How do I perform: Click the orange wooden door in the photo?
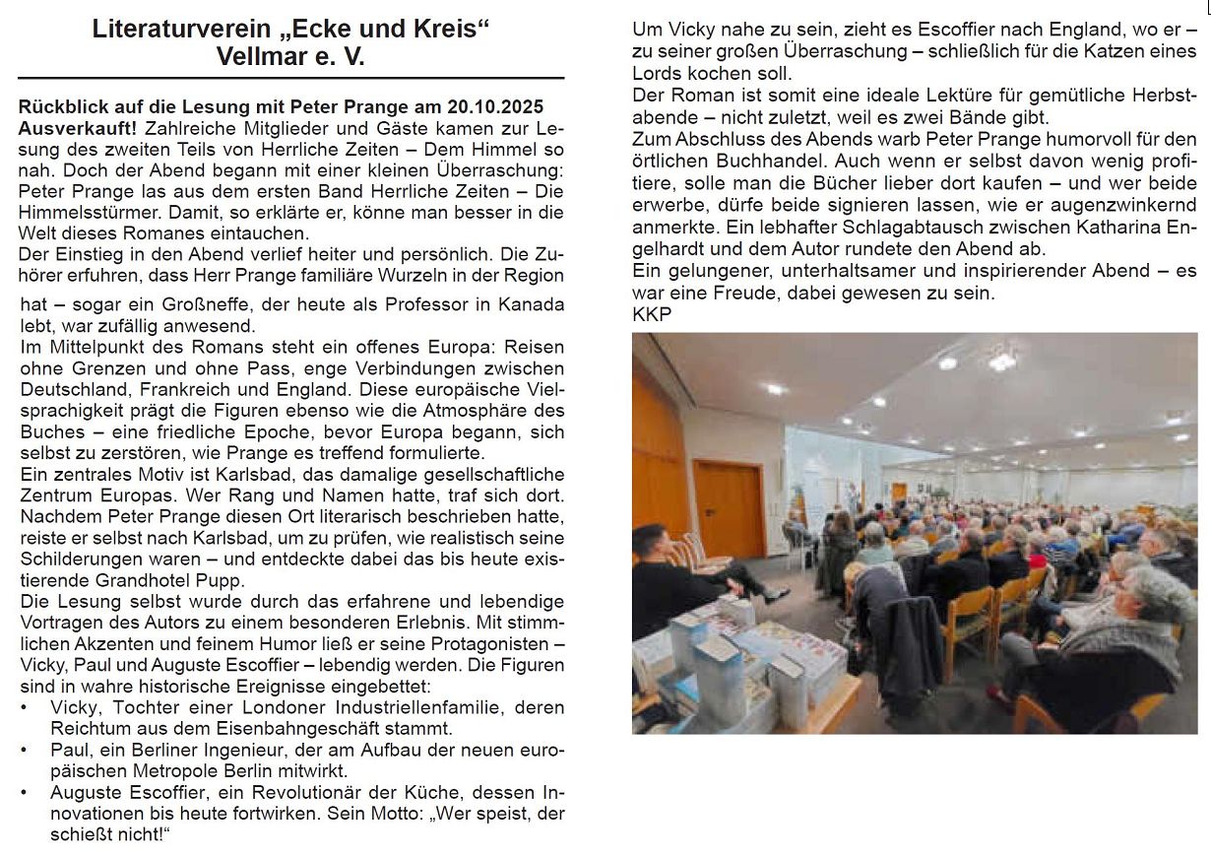tap(728, 507)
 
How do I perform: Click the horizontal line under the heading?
tap(290, 78)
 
